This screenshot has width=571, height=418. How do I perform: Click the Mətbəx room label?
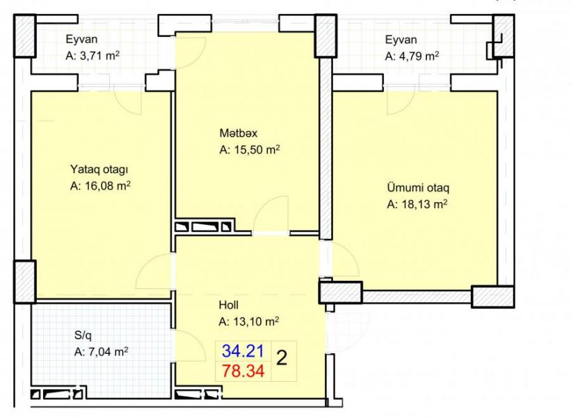pos(238,133)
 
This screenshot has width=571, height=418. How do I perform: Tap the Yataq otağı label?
pos(99,170)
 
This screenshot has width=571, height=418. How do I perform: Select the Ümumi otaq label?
pos(418,188)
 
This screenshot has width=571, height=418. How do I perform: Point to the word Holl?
pos(229,304)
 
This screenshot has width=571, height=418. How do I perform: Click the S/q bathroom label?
pos(83,336)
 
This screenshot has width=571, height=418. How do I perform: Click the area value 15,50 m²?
pos(255,150)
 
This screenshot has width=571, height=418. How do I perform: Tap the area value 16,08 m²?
pos(106,186)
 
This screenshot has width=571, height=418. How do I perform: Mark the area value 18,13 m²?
pos(423,204)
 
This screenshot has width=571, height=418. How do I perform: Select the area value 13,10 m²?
pos(255,322)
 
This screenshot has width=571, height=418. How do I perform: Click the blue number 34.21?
pos(243,351)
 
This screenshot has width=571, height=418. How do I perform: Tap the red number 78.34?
pos(243,371)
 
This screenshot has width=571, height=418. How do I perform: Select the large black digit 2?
pos(282,359)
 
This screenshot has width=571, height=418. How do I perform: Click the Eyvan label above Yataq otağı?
pos(81,40)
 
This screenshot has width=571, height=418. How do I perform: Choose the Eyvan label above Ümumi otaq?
pos(401,40)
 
